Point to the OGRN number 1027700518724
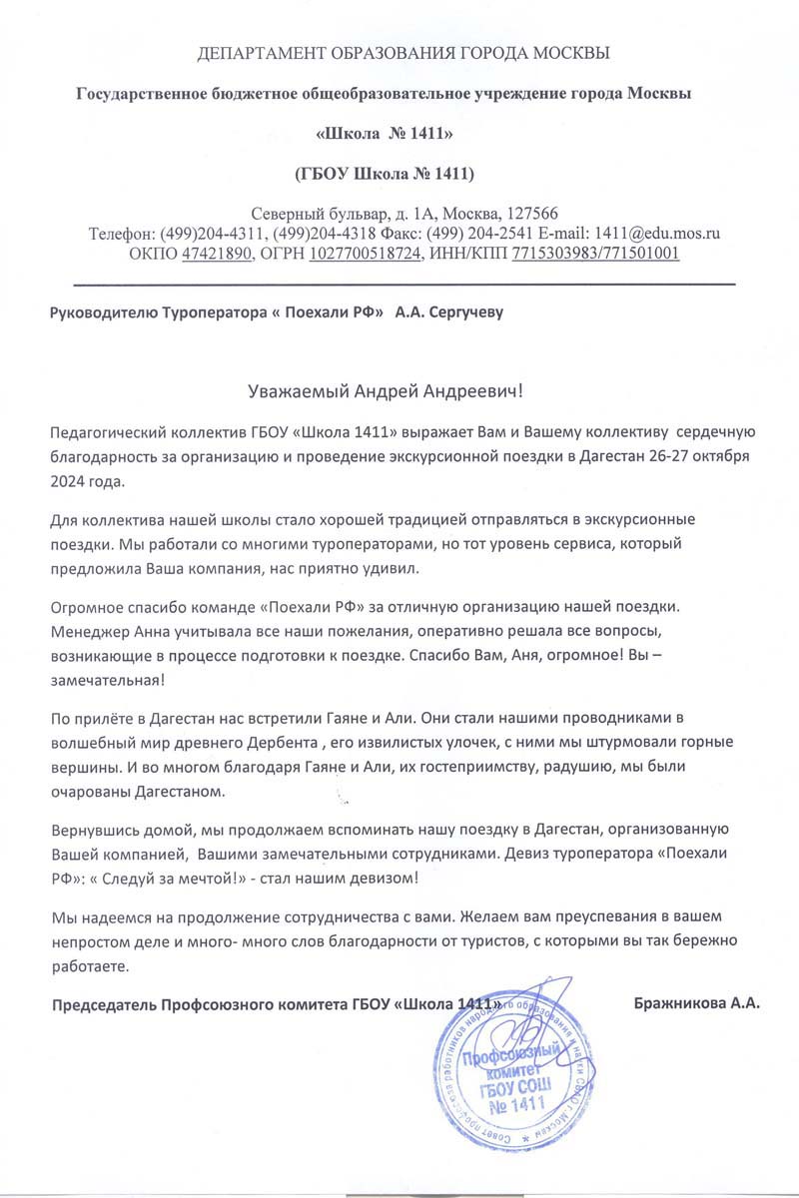pyautogui.click(x=366, y=253)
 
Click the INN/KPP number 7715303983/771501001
pyautogui.click(x=595, y=253)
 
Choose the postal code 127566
pyautogui.click(x=530, y=213)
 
